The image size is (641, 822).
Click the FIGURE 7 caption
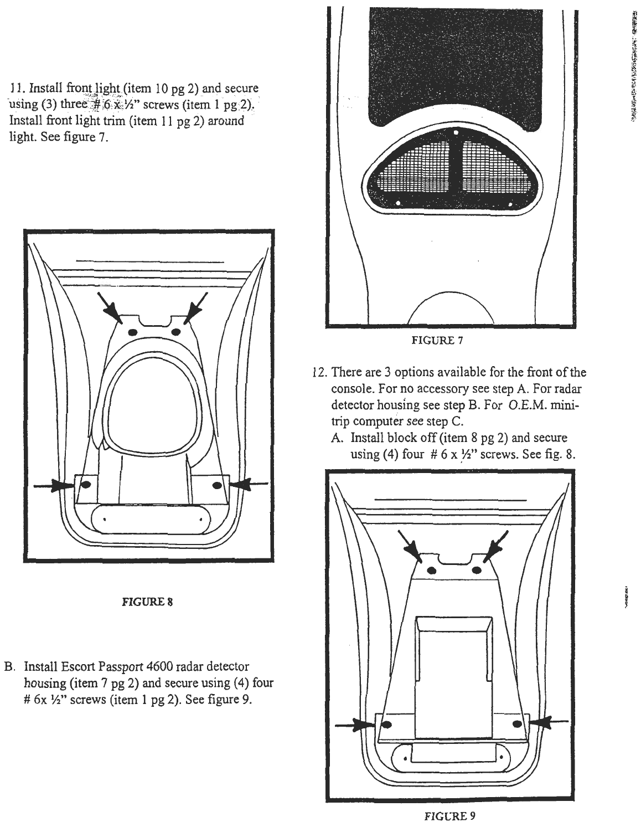436,340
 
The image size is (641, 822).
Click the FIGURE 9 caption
449,815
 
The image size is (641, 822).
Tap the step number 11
16,89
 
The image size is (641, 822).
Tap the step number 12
318,372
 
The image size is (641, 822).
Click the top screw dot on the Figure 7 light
455,133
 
